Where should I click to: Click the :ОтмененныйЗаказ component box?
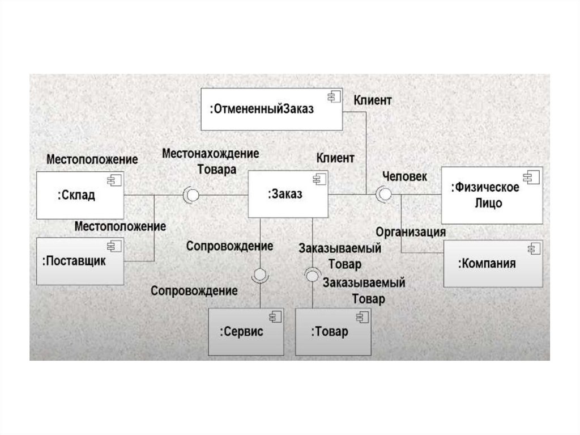[271, 109]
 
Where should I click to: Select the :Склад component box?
[80, 196]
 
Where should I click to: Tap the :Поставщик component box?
[80, 261]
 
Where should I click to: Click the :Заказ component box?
[288, 195]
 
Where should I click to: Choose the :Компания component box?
[492, 263]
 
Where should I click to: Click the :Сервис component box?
[245, 332]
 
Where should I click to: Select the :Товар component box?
[333, 332]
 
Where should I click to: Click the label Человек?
[404, 176]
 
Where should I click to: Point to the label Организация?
[411, 231]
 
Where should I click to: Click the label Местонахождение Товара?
[211, 161]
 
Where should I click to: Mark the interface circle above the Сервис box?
[260, 275]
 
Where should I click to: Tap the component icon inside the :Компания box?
[532, 249]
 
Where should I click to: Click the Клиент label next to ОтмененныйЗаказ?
[373, 100]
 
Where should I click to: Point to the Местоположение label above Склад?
[92, 159]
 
